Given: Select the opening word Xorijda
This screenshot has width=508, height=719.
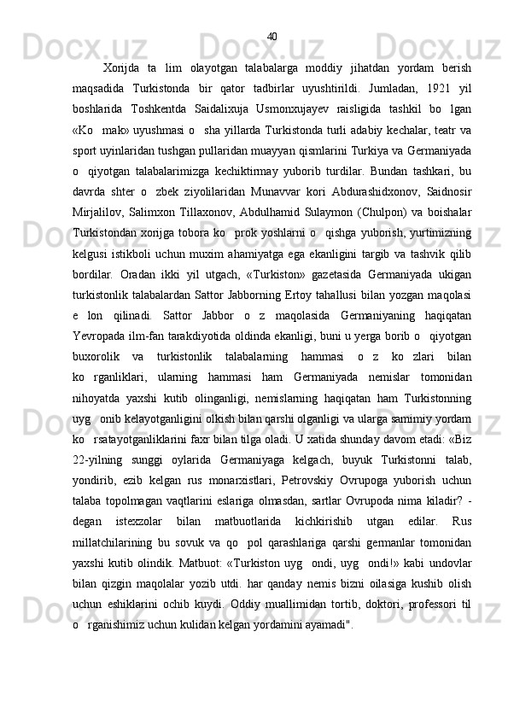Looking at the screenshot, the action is pos(121,68).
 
